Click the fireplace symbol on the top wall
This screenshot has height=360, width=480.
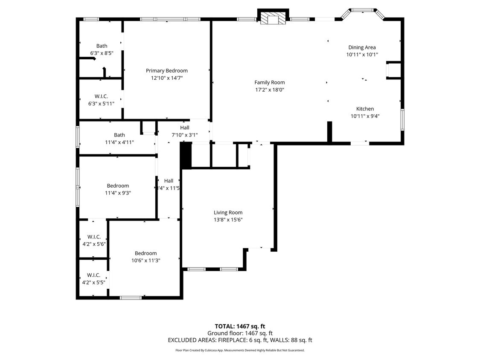pyautogui.click(x=273, y=18)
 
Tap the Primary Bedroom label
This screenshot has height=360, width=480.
pyautogui.click(x=166, y=71)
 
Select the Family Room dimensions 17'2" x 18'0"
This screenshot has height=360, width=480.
pyautogui.click(x=269, y=90)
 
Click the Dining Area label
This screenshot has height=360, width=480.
pyautogui.click(x=362, y=47)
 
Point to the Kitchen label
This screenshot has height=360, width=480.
pyautogui.click(x=365, y=109)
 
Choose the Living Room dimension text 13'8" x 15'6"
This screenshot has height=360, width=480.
pyautogui.click(x=228, y=220)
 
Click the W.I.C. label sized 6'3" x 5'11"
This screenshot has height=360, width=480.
pyautogui.click(x=102, y=96)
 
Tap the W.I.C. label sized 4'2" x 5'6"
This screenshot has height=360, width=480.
pyautogui.click(x=94, y=237)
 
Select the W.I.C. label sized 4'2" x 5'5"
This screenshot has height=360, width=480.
pyautogui.click(x=93, y=275)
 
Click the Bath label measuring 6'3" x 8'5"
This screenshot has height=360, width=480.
pyautogui.click(x=102, y=46)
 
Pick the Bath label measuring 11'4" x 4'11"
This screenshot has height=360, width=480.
pyautogui.click(x=119, y=135)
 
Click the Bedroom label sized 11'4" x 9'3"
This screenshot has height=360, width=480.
pyautogui.click(x=118, y=186)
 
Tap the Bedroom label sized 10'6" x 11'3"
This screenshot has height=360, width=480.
pyautogui.click(x=145, y=253)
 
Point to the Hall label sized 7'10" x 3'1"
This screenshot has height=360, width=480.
pyautogui.click(x=184, y=128)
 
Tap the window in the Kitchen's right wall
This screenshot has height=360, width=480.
pyautogui.click(x=402, y=119)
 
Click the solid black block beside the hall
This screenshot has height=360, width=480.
pyautogui.click(x=186, y=156)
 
